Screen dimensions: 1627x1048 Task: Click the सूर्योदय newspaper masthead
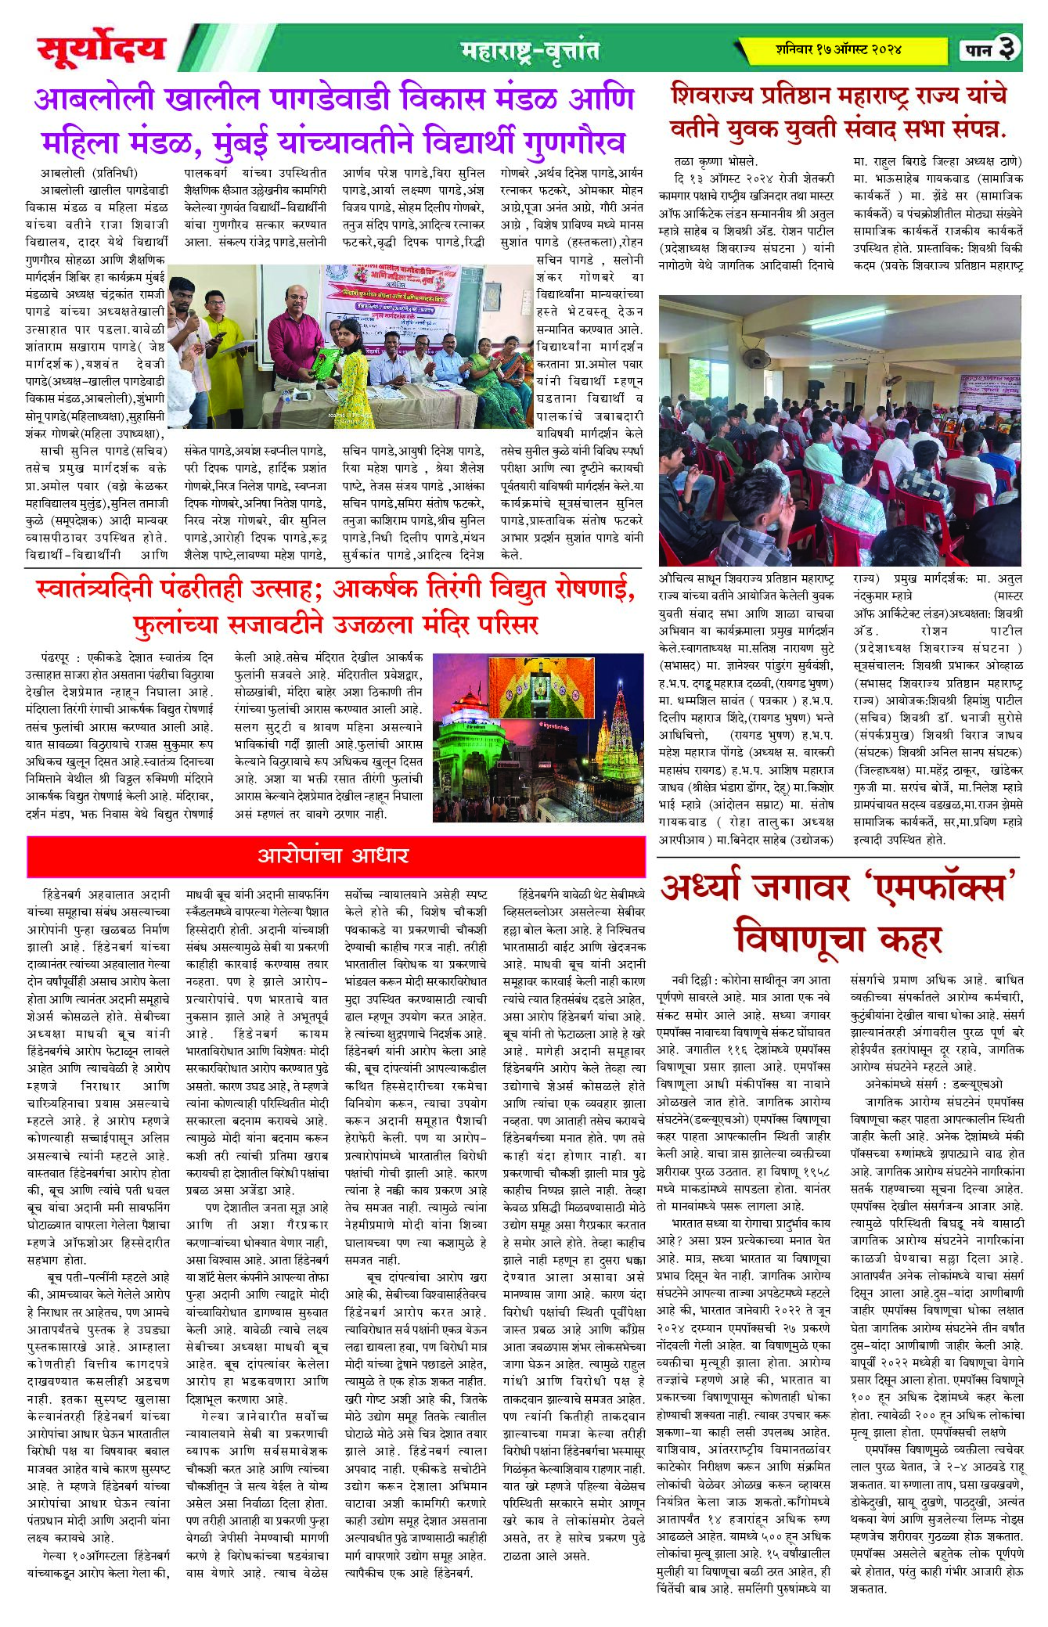pyautogui.click(x=101, y=49)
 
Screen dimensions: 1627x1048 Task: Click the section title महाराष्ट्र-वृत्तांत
pyautogui.click(x=530, y=52)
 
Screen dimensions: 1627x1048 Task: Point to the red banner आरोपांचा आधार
pyautogui.click(x=333, y=855)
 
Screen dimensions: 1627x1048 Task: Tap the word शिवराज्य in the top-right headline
pyautogui.click(x=720, y=96)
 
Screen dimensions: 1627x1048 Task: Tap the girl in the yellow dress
pyautogui.click(x=349, y=368)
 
